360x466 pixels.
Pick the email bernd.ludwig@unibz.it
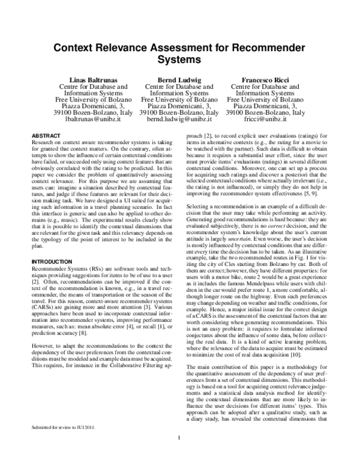(179, 120)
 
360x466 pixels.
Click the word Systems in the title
(179, 61)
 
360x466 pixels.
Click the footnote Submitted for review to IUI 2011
(62, 427)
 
